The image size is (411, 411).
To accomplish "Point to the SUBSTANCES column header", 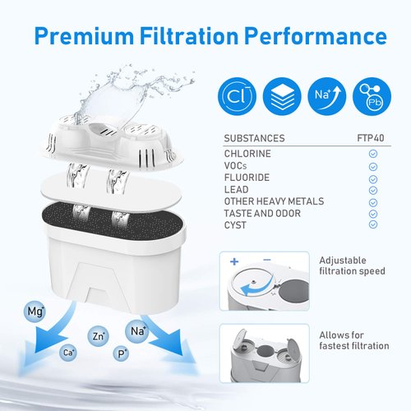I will tap(254, 138).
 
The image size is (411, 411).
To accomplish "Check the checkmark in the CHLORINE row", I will tap(372, 154).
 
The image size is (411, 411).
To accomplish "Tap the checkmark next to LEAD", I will tap(372, 189).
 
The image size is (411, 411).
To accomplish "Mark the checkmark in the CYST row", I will tap(372, 224).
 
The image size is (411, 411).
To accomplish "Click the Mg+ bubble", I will tap(35, 312).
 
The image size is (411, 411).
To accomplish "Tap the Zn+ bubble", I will tap(99, 336).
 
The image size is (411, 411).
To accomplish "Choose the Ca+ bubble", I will tap(68, 353).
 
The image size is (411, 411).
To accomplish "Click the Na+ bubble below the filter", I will tap(136, 331).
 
